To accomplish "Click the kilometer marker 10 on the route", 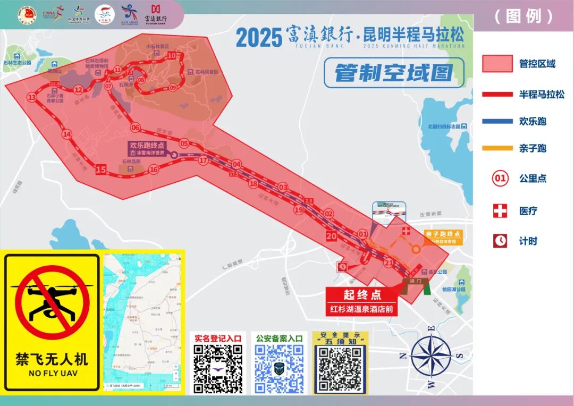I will pos(172,55).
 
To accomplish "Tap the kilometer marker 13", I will pos(32,97).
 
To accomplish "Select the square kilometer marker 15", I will pos(101,170).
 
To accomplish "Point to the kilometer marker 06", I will pos(135,128).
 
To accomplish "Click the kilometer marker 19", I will pos(299,210).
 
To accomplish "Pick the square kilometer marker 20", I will pos(332,236).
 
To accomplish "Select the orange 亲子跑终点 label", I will pos(443,234).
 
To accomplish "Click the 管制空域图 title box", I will pos(394,73).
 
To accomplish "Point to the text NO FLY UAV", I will pos(52,374).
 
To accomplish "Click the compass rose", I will pos(431,355).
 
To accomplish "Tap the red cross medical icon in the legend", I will pos(500,211).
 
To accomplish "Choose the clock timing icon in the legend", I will pos(500,241).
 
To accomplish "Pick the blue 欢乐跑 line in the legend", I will pos(497,121).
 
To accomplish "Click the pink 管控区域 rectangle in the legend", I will pos(497,64).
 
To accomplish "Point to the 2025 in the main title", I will pos(258,38).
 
